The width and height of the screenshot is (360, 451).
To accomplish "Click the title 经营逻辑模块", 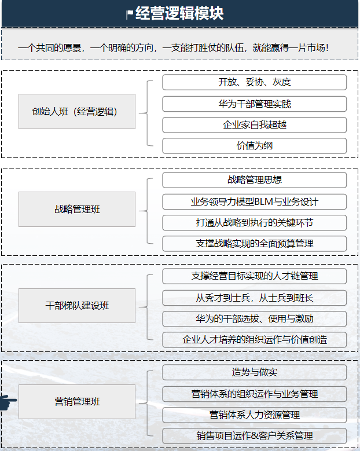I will [179, 13].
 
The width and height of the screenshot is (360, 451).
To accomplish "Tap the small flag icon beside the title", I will [129, 14].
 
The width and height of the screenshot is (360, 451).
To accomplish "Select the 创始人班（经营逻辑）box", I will [77, 111].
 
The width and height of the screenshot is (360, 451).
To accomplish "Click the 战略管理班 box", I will [77, 209].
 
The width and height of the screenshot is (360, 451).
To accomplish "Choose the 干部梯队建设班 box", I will [77, 305].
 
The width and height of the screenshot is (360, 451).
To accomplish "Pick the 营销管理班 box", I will [77, 401].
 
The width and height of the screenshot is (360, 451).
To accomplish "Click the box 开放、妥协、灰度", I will [254, 82].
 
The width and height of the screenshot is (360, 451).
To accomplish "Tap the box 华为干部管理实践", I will [254, 104].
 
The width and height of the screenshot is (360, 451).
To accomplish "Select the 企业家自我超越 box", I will [254, 125].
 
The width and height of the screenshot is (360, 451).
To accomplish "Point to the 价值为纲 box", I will [254, 146].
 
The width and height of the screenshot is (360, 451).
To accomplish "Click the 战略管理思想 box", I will [254, 180].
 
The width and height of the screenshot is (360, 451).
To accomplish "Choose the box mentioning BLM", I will [254, 202].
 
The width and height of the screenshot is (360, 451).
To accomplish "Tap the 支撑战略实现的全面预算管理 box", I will [254, 244].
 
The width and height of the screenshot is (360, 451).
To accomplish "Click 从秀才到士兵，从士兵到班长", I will [254, 298].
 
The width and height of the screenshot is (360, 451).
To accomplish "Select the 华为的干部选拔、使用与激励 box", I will [254, 319].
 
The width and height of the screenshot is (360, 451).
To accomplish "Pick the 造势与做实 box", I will [254, 372].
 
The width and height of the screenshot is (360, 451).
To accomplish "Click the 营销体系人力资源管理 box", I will [254, 415].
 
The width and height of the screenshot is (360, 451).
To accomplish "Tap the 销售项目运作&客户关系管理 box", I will [254, 436].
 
